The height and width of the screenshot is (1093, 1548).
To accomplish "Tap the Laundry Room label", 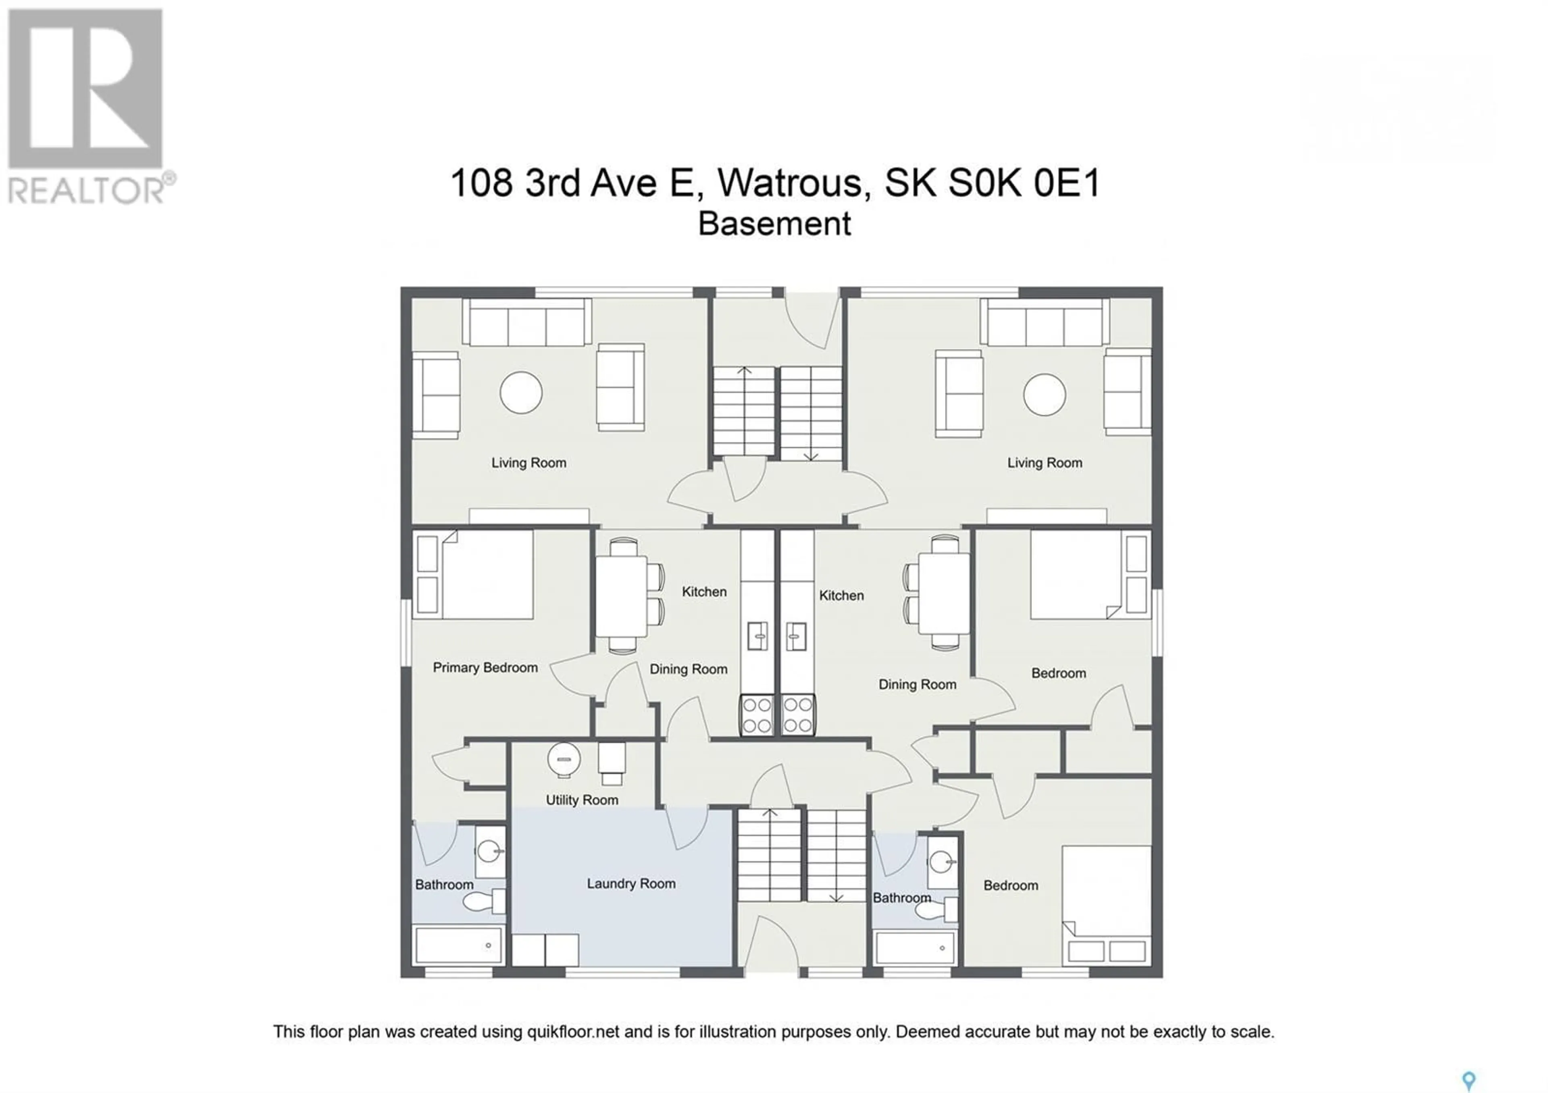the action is coord(631,883).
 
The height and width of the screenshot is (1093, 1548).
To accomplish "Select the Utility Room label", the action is coord(582,800).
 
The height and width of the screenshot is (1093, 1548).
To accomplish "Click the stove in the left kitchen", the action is coord(757,715).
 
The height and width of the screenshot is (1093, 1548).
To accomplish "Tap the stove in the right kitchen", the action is coord(798,715).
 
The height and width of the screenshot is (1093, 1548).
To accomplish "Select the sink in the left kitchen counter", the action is coord(758,636).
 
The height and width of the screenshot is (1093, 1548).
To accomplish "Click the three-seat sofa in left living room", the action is coord(526,323).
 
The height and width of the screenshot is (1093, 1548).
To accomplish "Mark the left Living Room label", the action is coord(528,463).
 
